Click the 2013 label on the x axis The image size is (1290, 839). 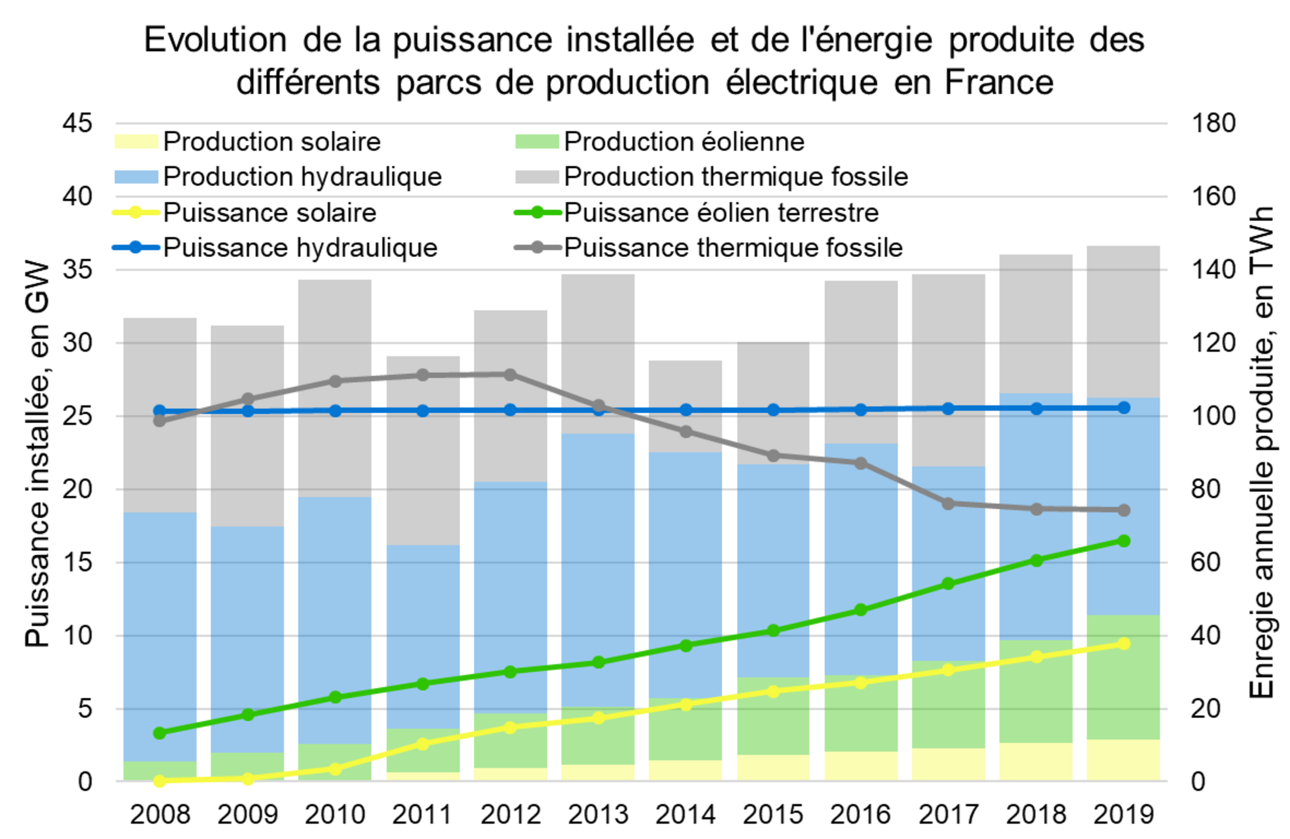(x=598, y=814)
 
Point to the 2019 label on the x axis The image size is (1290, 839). (x=1123, y=814)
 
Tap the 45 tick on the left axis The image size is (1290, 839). (x=78, y=123)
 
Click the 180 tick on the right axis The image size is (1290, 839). (x=1213, y=123)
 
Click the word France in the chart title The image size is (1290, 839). (x=999, y=82)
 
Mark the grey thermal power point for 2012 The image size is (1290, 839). (x=510, y=375)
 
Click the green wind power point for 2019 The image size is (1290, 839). (x=1123, y=541)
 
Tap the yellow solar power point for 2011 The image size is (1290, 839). (x=423, y=743)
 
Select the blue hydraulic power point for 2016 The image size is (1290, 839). (x=861, y=409)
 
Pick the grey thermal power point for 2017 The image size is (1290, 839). (x=948, y=504)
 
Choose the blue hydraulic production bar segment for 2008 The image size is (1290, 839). (x=160, y=636)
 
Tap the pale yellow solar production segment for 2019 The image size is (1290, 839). (x=1123, y=760)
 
